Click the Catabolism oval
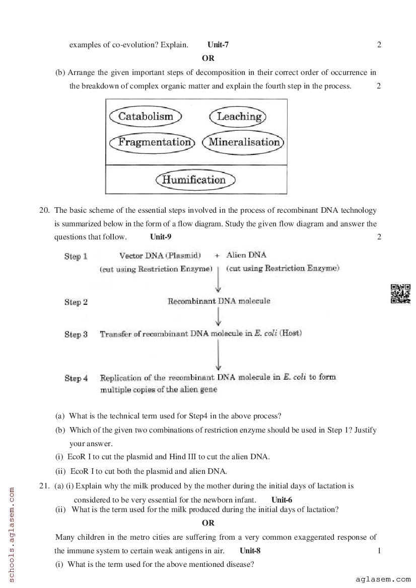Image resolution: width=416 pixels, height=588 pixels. tap(145, 117)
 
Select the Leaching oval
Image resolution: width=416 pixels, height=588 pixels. tap(238, 117)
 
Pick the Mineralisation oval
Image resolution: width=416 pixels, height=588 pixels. tap(244, 142)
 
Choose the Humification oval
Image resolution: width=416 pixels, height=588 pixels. tap(195, 180)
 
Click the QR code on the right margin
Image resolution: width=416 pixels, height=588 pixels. tap(400, 294)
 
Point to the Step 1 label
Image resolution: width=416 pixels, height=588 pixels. tap(76, 257)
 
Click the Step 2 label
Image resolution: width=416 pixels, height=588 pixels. tap(76, 302)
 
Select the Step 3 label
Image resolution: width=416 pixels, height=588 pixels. tap(76, 334)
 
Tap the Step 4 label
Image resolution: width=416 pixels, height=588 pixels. tap(76, 378)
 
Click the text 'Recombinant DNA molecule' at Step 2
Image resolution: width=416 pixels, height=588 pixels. tap(219, 301)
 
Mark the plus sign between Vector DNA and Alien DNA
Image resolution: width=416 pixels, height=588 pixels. tap(217, 256)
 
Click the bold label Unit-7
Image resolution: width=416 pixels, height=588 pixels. tap(218, 45)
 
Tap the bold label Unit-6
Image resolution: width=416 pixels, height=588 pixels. tap(282, 499)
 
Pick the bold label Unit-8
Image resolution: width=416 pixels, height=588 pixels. tap(250, 550)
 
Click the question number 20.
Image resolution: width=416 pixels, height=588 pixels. tap(44, 210)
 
